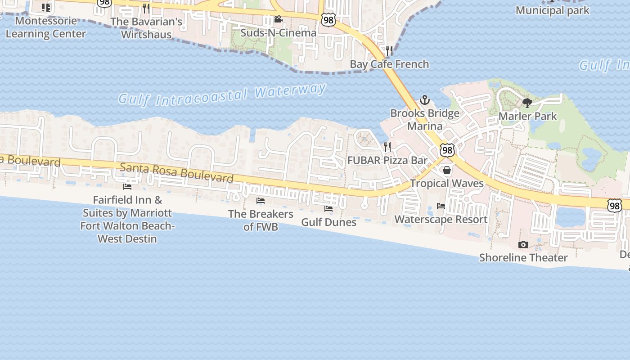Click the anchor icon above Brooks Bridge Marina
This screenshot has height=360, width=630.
[x=425, y=100]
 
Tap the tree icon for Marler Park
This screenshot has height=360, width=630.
[x=527, y=103]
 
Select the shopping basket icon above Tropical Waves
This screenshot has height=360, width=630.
[x=447, y=170]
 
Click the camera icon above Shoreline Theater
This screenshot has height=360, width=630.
[x=523, y=244]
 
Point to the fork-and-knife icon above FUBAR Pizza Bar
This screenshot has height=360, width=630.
[x=387, y=147]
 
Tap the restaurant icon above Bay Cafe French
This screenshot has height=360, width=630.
[x=389, y=50]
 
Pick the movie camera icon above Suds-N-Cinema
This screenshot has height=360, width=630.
[x=278, y=19]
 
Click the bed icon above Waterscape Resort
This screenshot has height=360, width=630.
[x=441, y=206]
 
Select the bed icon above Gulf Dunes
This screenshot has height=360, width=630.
[x=328, y=209]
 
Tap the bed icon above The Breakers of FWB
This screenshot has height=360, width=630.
[x=261, y=201]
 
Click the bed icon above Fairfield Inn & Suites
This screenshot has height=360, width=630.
[x=127, y=186]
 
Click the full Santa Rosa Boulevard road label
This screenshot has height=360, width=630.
[x=177, y=173]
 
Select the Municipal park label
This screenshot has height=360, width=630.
[x=552, y=10]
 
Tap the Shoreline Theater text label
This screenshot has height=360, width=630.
[x=523, y=258]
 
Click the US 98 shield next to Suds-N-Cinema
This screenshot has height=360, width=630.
[x=328, y=19]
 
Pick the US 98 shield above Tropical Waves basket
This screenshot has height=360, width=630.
[x=447, y=150]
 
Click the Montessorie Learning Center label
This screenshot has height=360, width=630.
[x=45, y=27]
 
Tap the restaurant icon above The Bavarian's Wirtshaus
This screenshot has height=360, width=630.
[x=146, y=8]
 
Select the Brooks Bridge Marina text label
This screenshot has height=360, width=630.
[x=425, y=119]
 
